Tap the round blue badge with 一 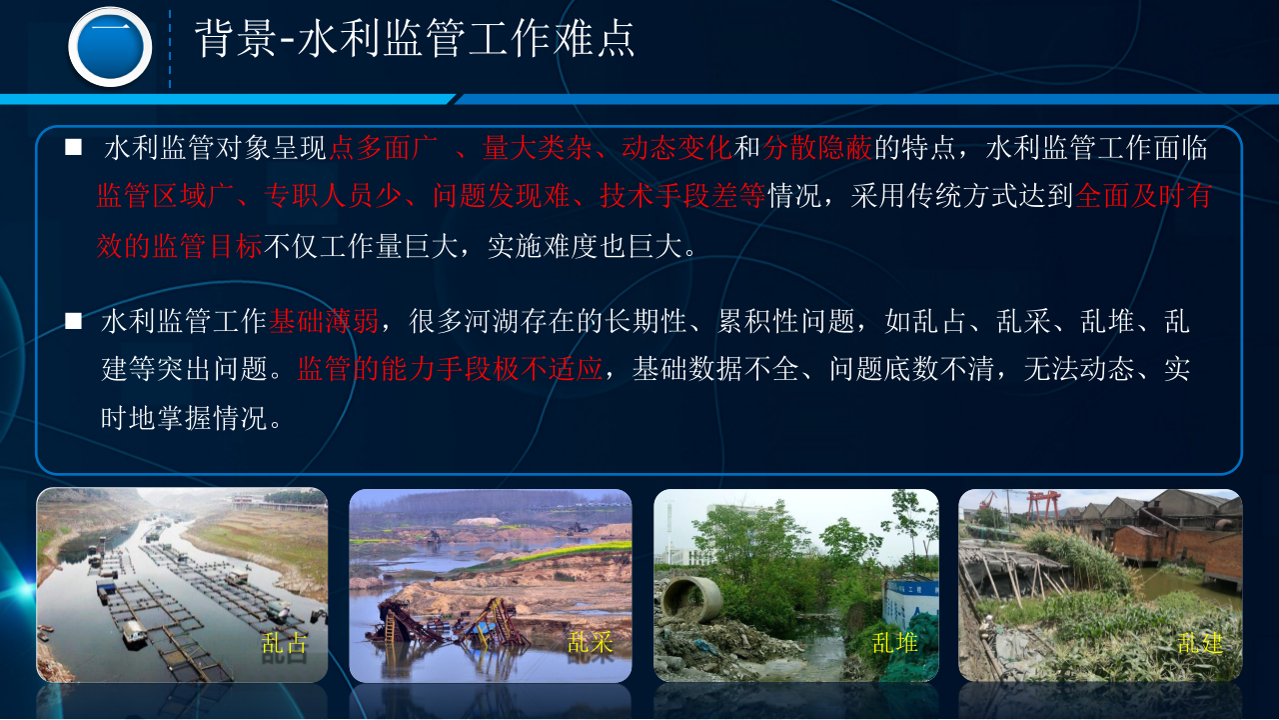coord(110,46)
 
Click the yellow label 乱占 coord(285,642)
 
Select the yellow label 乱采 coord(591,642)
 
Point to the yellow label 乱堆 coord(894,642)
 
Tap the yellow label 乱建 coord(1199,642)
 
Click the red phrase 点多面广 coord(385,149)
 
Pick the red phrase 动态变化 coord(677,149)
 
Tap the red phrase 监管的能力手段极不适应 coord(450,369)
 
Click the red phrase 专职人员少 coord(332,197)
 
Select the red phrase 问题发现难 coord(488,197)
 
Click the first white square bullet coord(73,148)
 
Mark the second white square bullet coord(73,320)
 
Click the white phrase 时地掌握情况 coord(185,418)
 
